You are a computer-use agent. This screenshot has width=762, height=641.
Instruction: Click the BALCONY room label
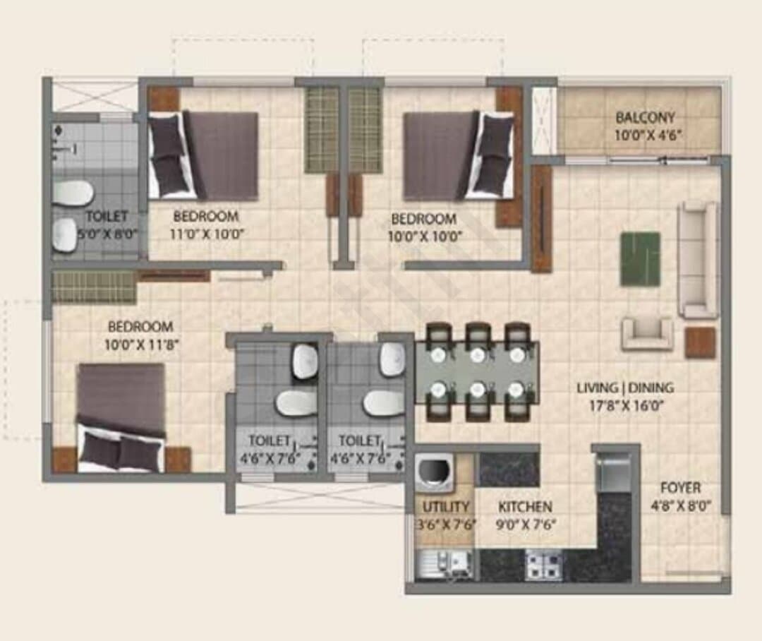(646, 118)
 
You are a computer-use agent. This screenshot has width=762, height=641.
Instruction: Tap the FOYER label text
(680, 488)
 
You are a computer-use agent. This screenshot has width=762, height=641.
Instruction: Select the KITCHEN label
(525, 508)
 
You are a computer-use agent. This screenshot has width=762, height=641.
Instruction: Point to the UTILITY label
(446, 508)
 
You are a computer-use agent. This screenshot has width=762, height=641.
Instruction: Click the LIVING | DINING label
(625, 388)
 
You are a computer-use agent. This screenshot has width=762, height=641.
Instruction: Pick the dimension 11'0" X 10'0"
(206, 234)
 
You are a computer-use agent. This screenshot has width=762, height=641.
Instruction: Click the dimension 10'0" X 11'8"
(142, 345)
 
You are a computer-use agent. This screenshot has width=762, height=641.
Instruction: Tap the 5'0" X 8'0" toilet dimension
(108, 234)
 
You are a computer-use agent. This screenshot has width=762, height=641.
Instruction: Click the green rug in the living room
(640, 259)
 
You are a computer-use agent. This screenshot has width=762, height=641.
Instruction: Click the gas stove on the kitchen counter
(544, 563)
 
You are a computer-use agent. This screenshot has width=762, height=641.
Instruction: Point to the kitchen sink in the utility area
(445, 564)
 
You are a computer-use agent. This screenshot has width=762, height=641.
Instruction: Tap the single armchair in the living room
(648, 334)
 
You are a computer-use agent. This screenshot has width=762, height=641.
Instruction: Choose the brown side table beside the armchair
(701, 343)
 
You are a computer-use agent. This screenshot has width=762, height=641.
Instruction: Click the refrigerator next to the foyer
(613, 472)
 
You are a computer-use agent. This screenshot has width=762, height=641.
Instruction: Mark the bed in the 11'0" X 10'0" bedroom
(202, 155)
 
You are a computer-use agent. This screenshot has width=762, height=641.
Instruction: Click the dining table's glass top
(477, 373)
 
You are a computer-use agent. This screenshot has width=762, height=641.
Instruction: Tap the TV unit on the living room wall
(541, 219)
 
